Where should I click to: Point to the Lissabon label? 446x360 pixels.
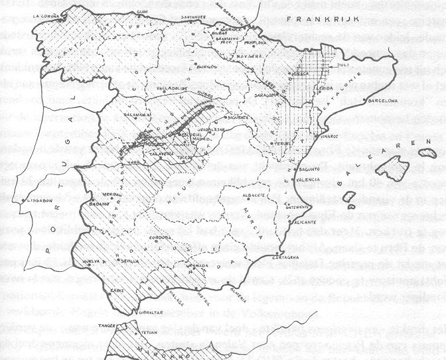click(39, 198)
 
